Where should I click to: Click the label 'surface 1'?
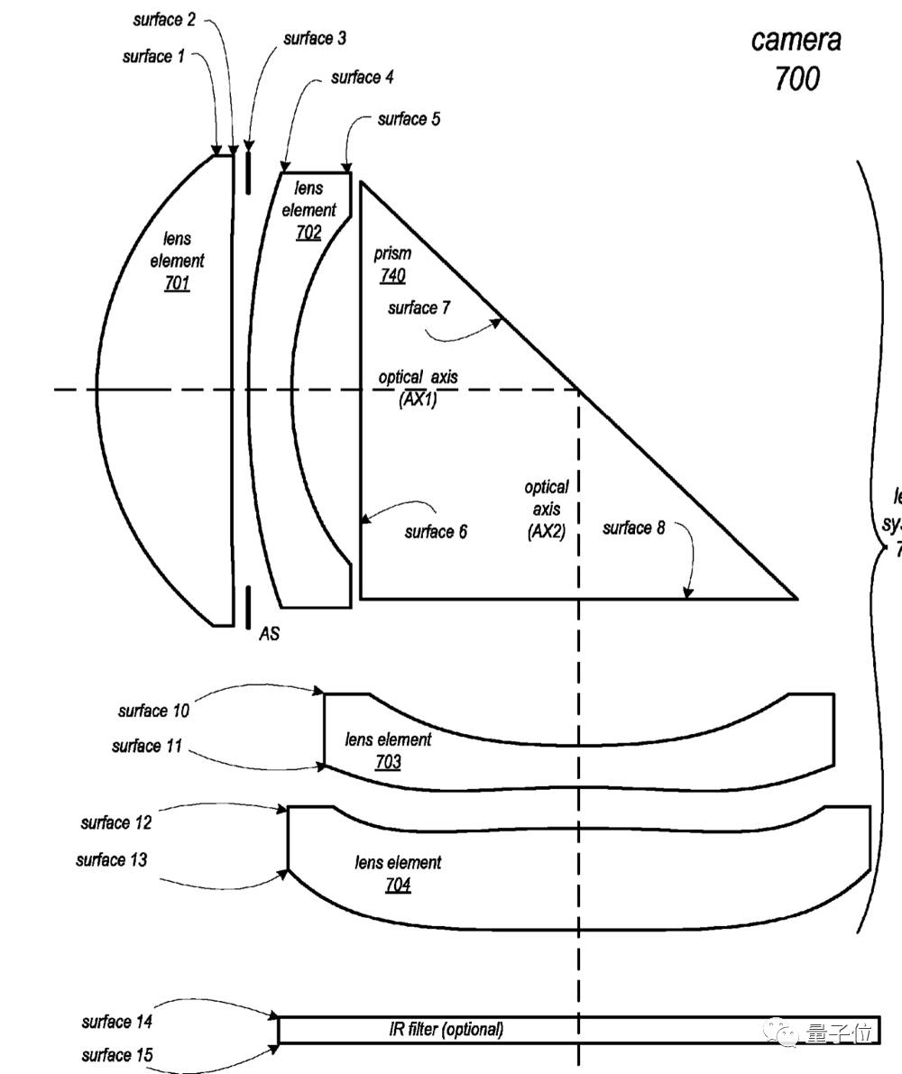point(152,57)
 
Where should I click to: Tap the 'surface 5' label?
point(409,119)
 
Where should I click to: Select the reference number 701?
point(177,284)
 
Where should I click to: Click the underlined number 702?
point(308,233)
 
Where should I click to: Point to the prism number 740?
point(392,276)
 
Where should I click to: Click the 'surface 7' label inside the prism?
point(419,308)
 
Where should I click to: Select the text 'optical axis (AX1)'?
point(418,389)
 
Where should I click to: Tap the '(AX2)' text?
point(547,532)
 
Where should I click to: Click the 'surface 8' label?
point(633,528)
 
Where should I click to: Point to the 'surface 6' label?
point(436,532)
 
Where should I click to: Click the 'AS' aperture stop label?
point(269,634)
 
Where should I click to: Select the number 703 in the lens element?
point(388,763)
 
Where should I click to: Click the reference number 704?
point(398,885)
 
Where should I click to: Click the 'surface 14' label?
point(118,1022)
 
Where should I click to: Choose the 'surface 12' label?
point(116,822)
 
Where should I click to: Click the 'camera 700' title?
point(796,60)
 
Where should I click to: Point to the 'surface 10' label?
point(153,711)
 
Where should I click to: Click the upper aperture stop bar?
point(247,171)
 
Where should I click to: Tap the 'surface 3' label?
point(314,39)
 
